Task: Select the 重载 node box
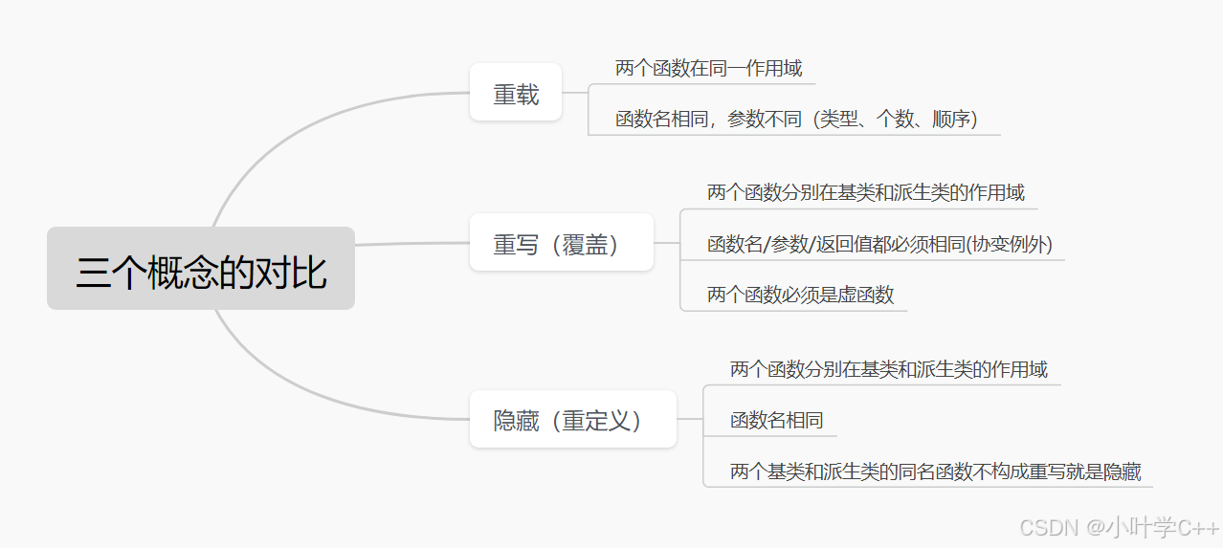click(516, 93)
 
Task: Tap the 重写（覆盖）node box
click(562, 243)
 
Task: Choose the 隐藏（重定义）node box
click(572, 419)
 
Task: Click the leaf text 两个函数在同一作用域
click(708, 68)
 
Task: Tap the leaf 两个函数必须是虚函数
click(800, 295)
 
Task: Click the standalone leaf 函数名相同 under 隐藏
click(776, 420)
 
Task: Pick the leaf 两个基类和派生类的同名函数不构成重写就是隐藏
click(935, 471)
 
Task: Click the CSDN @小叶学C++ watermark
click(1119, 527)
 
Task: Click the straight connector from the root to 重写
click(411, 244)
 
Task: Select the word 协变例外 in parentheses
click(1016, 244)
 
